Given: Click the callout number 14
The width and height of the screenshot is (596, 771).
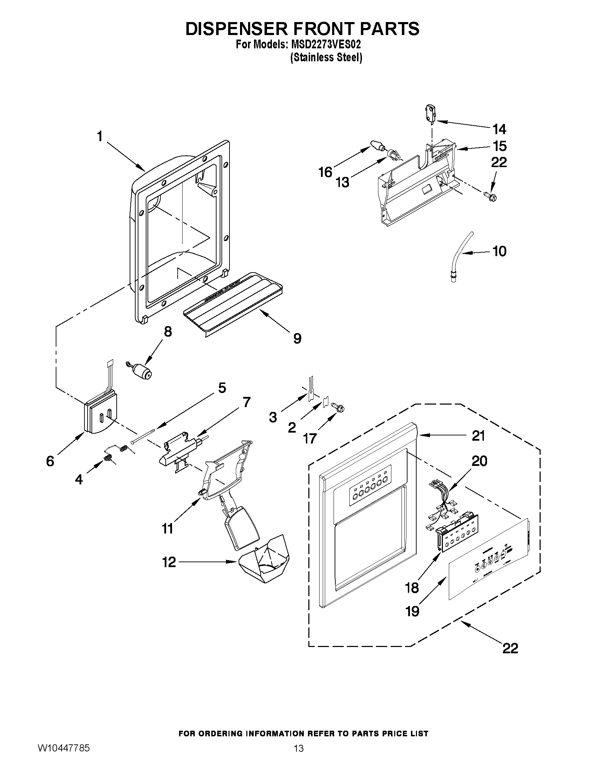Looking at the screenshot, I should (x=499, y=130).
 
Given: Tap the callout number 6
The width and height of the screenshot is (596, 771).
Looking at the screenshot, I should (x=50, y=461).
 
